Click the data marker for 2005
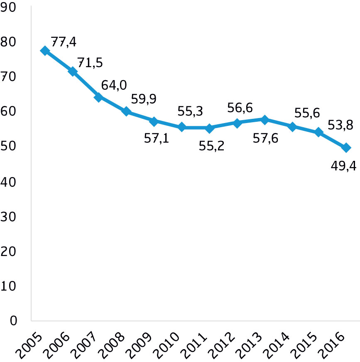(x=45, y=51)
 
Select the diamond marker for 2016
(x=345, y=148)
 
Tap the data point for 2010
(x=181, y=127)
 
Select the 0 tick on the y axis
(x=13, y=320)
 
